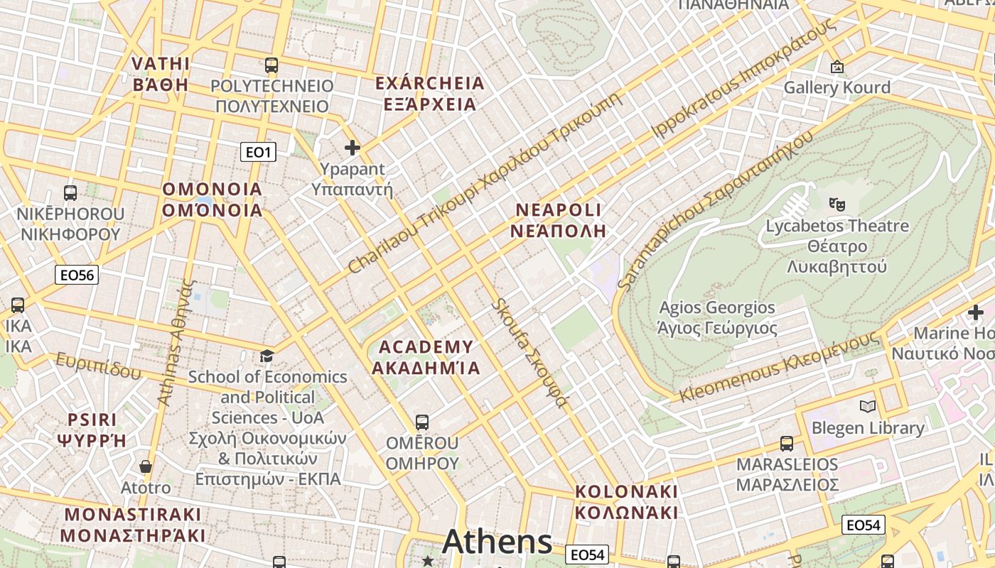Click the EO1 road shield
[x=257, y=151]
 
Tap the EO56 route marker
[x=77, y=275]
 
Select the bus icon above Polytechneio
[x=271, y=65]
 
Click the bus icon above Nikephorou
[x=70, y=192]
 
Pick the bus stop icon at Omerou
[x=422, y=422]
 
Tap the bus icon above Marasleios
[x=787, y=444]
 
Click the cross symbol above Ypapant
[x=352, y=148]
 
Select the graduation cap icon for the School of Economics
[x=267, y=356]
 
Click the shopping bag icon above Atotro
[x=146, y=466]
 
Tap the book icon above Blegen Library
[x=867, y=407]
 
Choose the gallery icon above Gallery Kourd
[x=837, y=67]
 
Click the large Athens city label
[x=497, y=542]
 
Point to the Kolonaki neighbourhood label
[x=626, y=502]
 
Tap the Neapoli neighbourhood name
[x=558, y=220]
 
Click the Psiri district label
[x=92, y=430]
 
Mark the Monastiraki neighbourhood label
[x=132, y=525]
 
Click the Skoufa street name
[x=530, y=354]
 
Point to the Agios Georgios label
[x=717, y=318]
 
